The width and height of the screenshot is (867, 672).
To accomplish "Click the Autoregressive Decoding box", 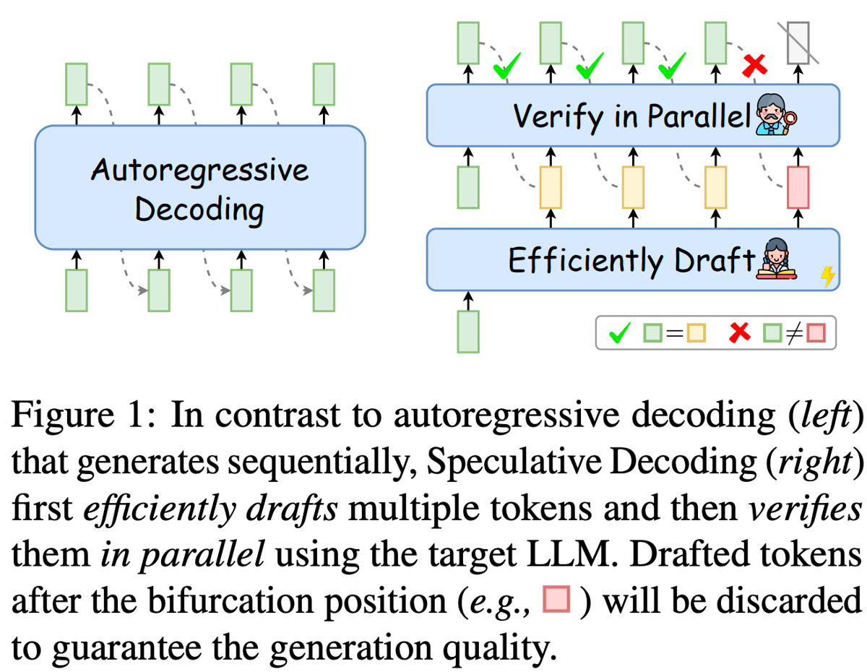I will (199, 188).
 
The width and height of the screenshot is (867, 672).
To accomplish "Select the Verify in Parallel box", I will (633, 115).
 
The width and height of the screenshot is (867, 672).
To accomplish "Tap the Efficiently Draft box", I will (633, 259).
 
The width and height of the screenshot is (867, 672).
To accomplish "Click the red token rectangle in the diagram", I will (798, 187).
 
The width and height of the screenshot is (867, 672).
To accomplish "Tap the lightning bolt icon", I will (828, 275).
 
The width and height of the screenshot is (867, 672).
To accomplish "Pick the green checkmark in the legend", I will (619, 333).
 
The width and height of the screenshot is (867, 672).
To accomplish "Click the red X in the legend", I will (738, 333).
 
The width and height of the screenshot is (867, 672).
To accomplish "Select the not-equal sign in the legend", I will (793, 334).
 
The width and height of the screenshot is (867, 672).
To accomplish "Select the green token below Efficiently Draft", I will (468, 332).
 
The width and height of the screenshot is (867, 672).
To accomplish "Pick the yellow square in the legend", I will (696, 334).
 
